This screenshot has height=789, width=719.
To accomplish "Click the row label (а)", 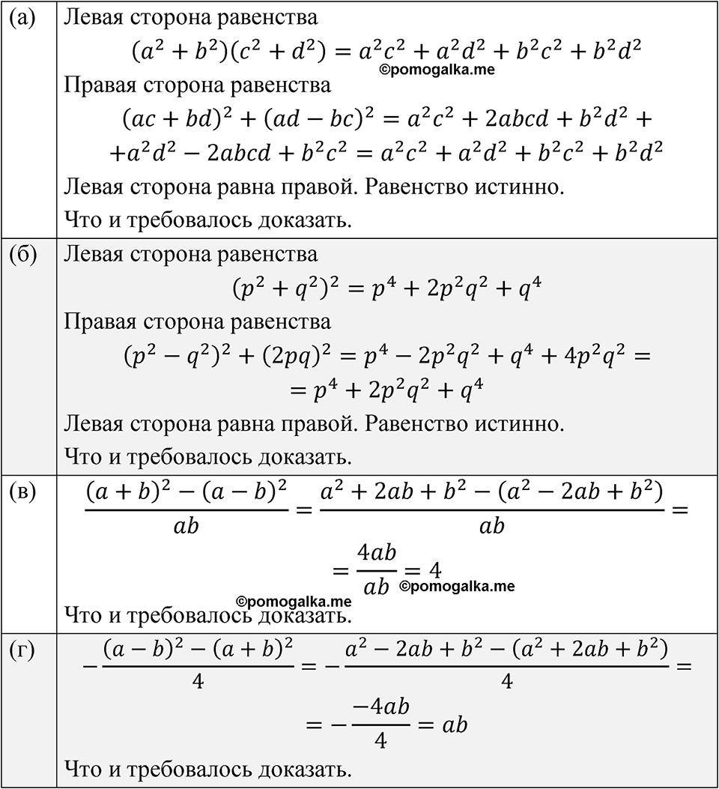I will (22, 19).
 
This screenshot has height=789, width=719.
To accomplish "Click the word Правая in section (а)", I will (100, 85).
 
